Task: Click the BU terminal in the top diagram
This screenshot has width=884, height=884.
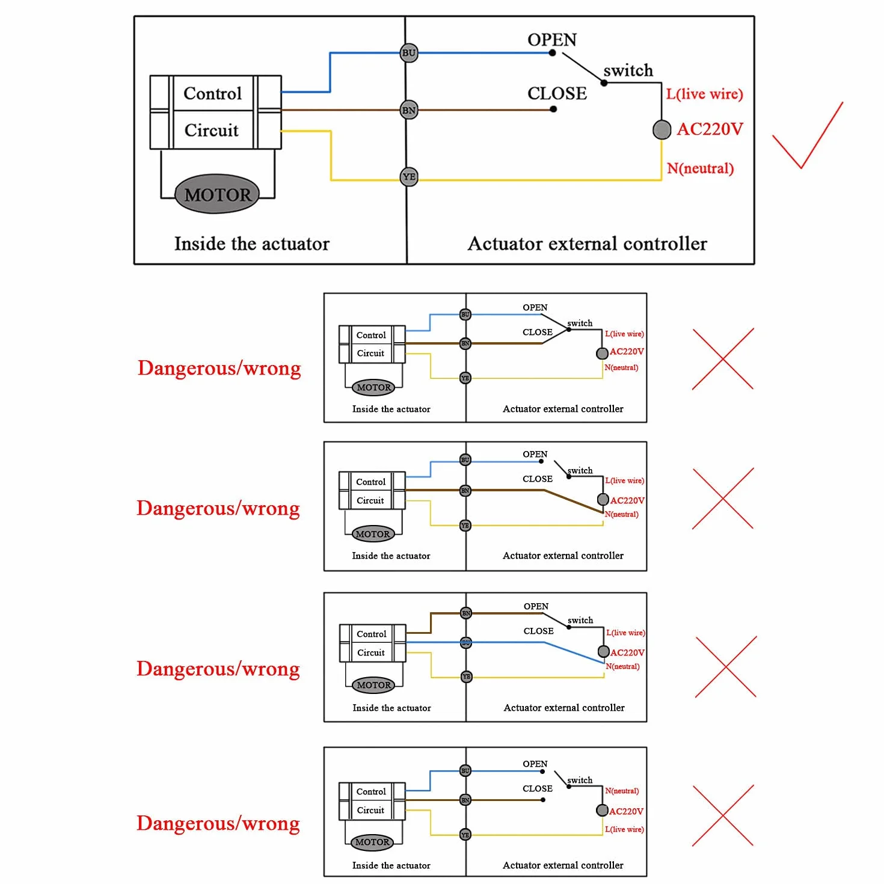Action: click(408, 53)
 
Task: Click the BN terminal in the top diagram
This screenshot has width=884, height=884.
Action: click(408, 110)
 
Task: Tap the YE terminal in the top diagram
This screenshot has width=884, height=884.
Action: click(408, 177)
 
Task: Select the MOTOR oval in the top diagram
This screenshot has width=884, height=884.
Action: click(217, 194)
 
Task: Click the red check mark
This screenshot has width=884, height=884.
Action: click(808, 135)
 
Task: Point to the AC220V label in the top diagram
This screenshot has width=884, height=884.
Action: click(710, 129)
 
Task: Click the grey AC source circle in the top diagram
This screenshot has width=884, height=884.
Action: click(661, 130)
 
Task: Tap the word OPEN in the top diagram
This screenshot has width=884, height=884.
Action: click(552, 40)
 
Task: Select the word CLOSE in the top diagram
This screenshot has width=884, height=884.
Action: click(557, 94)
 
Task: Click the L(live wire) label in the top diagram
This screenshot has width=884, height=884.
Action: click(704, 94)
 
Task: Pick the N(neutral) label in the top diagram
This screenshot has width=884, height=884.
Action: click(700, 168)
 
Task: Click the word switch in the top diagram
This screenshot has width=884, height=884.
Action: click(628, 70)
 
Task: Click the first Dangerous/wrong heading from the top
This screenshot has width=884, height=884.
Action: click(219, 369)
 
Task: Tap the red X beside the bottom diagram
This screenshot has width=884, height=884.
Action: click(722, 815)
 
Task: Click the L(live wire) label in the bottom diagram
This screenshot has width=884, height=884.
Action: click(624, 829)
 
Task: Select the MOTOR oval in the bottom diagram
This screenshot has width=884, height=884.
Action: click(372, 842)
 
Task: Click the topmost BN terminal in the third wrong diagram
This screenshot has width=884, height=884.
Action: click(465, 613)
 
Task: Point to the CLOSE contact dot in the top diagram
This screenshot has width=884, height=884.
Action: click(553, 109)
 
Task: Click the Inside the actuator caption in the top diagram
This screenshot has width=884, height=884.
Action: click(252, 244)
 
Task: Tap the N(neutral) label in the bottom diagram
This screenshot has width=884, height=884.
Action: click(622, 790)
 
